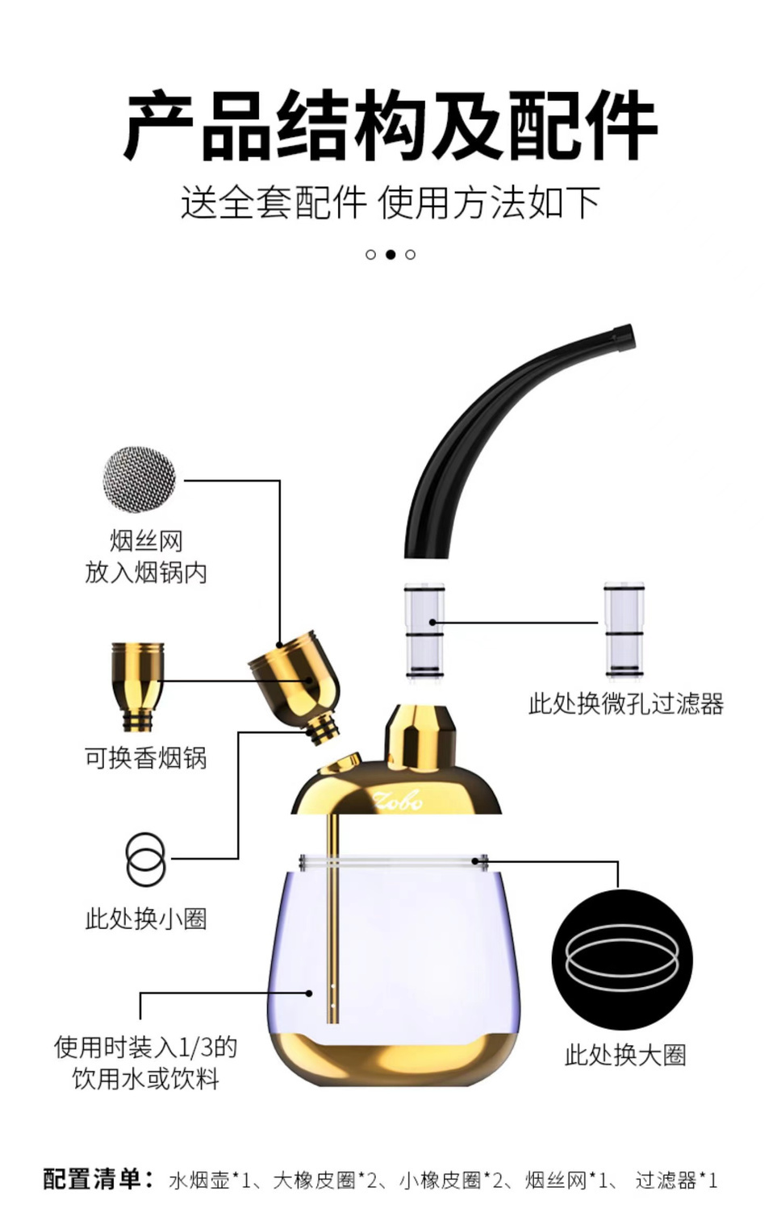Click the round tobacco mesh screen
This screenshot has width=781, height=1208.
point(140,479)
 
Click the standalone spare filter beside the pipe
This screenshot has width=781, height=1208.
point(624,629)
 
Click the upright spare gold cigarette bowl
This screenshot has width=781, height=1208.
point(138,686)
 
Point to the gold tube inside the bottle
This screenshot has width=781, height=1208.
point(333,918)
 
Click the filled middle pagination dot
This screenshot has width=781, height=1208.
point(390,255)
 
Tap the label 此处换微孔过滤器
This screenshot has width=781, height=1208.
point(625,703)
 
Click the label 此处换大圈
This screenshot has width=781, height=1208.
point(625,1056)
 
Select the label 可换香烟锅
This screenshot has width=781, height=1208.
point(146,758)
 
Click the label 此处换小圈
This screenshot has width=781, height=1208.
point(146,918)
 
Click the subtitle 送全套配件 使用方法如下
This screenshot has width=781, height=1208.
point(390,202)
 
